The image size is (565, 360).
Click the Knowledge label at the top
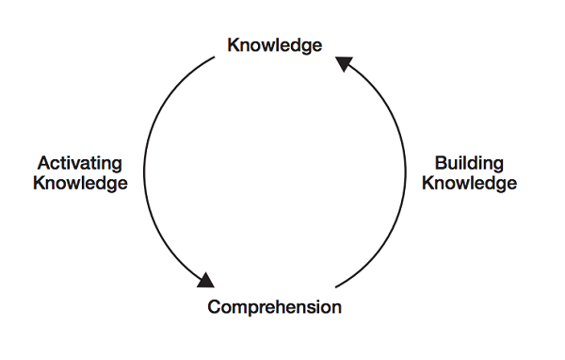tap(274, 45)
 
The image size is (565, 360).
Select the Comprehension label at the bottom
tap(274, 307)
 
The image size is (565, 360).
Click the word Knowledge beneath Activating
tap(80, 183)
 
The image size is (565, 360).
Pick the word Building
tap(469, 163)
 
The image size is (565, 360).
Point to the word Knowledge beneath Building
tap(469, 183)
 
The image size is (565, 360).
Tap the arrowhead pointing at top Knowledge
tap(344, 64)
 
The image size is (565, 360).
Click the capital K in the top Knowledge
tap(233, 45)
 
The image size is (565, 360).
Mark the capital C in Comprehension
tap(214, 307)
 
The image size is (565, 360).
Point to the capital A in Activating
tap(42, 163)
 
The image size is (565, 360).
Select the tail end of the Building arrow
tap(336, 285)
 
